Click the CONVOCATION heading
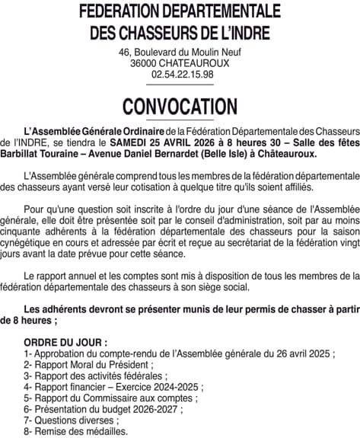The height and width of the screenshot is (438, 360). click(x=180, y=105)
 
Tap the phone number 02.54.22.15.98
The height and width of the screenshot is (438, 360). click(x=183, y=75)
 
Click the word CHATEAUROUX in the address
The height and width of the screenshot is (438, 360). click(x=198, y=63)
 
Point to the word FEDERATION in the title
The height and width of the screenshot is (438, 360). click(x=132, y=12)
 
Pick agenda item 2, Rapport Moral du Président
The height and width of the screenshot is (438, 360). click(x=84, y=364)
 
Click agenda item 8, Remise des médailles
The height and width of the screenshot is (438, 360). click(x=75, y=430)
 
